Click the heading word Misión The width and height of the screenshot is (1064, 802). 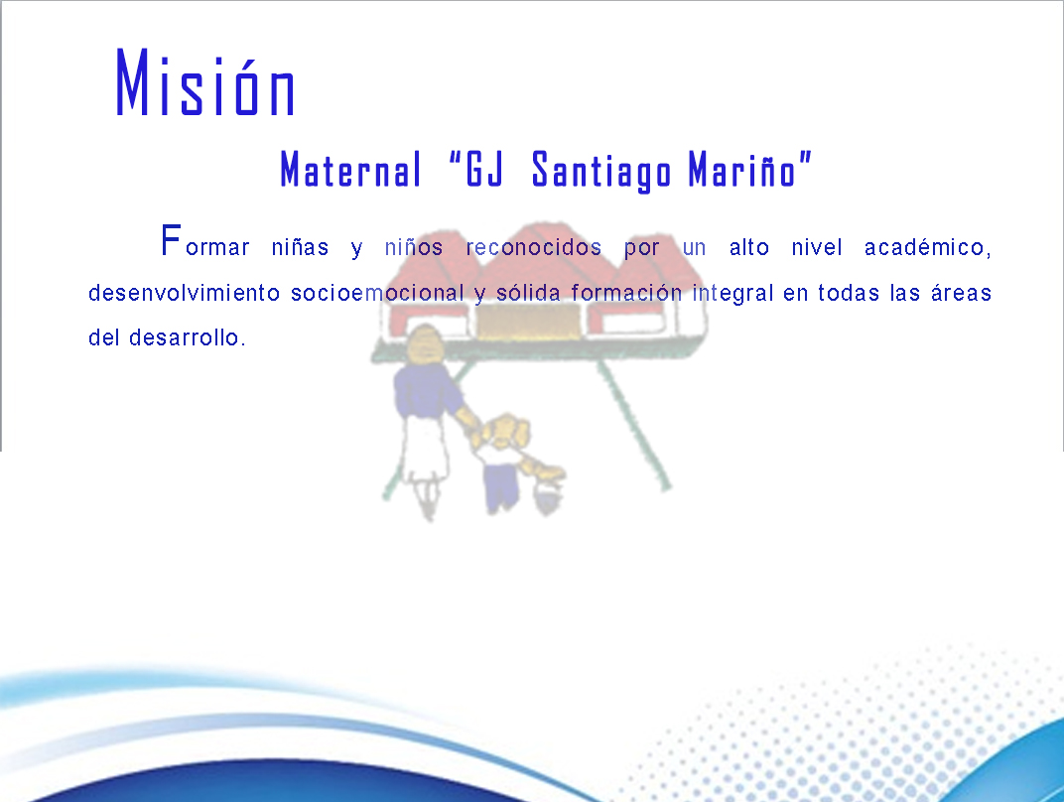(204, 82)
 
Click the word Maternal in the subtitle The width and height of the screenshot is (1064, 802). (350, 169)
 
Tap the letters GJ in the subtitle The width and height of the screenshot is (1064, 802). (483, 169)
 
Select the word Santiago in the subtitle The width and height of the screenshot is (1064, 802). (601, 171)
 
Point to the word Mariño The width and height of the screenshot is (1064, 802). (741, 169)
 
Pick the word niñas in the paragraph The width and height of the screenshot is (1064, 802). (300, 247)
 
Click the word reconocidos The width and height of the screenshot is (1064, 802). (534, 247)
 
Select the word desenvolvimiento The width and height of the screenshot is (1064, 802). (184, 293)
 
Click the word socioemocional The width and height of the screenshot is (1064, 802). (377, 293)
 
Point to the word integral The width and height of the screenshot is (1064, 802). (732, 293)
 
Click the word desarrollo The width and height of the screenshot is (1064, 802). (188, 337)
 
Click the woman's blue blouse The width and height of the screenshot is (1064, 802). (426, 390)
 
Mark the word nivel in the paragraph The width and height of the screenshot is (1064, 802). (817, 247)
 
